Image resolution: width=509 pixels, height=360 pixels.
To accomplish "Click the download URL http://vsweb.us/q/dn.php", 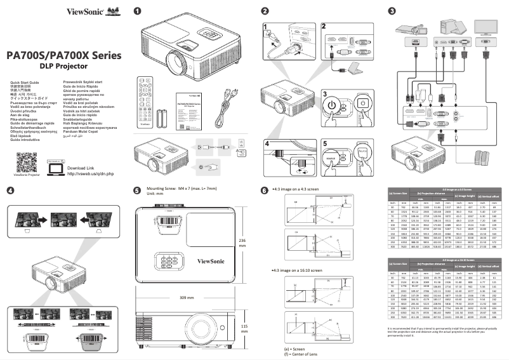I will [90, 156].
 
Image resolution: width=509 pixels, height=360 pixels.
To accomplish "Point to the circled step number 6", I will [265, 190].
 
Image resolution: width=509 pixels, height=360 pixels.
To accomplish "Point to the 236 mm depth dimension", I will [242, 244].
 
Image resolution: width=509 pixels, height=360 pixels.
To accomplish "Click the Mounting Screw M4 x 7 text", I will [181, 189].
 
